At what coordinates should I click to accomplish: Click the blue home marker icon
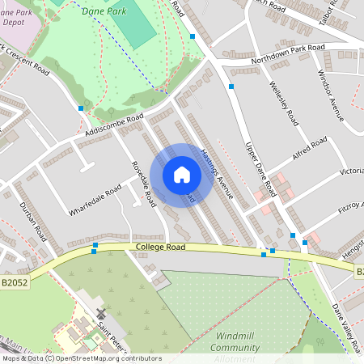[x=182, y=175]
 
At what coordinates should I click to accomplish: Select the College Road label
[x=161, y=247]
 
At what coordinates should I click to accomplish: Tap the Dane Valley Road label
[x=346, y=327]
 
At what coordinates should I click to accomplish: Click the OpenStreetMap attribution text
[x=81, y=358]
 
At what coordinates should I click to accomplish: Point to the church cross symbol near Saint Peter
[x=101, y=313]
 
